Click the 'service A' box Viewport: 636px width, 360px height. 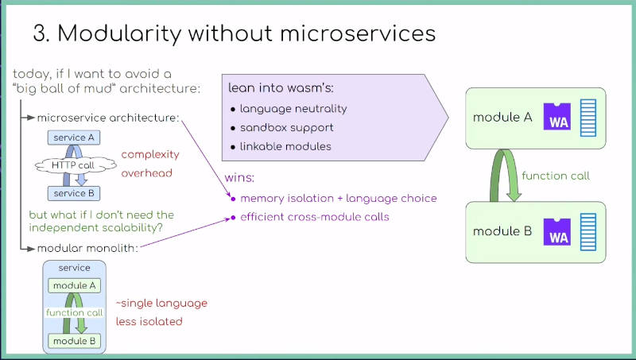(74, 137)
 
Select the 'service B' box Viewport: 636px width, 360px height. (74, 193)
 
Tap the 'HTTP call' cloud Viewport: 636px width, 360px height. (76, 165)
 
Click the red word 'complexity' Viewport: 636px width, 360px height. (150, 155)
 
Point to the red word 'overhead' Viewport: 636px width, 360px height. (147, 173)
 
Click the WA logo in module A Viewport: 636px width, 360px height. (557, 117)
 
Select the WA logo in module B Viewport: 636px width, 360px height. (557, 232)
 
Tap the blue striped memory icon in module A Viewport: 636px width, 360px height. (588, 118)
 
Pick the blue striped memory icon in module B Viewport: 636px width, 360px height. (588, 232)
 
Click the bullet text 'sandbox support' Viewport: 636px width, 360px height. (287, 128)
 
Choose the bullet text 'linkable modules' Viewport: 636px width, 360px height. (285, 146)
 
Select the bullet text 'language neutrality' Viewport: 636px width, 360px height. (293, 109)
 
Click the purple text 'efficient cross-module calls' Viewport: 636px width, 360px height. (315, 217)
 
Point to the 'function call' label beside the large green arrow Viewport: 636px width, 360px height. (556, 176)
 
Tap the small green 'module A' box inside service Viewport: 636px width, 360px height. (74, 286)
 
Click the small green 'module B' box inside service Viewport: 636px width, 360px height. (74, 341)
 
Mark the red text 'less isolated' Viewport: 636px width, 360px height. (149, 322)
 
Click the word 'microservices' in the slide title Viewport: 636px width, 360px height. (358, 33)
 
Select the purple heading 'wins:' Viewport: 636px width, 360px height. (239, 178)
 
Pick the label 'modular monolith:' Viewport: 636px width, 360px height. (87, 248)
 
